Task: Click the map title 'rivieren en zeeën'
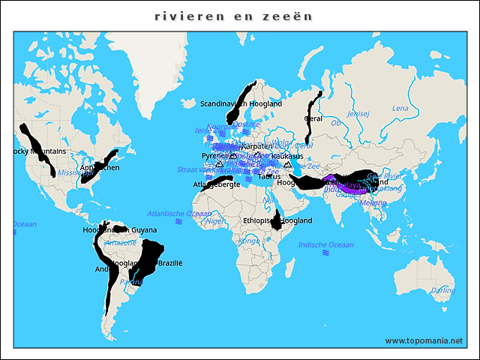[233, 16]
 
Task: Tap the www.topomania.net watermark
[423, 341]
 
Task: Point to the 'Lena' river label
[400, 109]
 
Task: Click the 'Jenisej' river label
[359, 114]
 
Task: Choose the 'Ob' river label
[335, 122]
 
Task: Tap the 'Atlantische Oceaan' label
[179, 214]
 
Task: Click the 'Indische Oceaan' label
[325, 245]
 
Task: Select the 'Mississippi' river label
[75, 172]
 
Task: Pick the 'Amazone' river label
[121, 243]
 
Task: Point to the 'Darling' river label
[442, 290]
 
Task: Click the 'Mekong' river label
[373, 202]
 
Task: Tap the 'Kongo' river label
[248, 241]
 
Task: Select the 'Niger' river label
[215, 221]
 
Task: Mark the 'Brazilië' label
[170, 263]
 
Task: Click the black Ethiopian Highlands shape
[278, 220]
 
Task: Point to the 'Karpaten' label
[258, 145]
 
